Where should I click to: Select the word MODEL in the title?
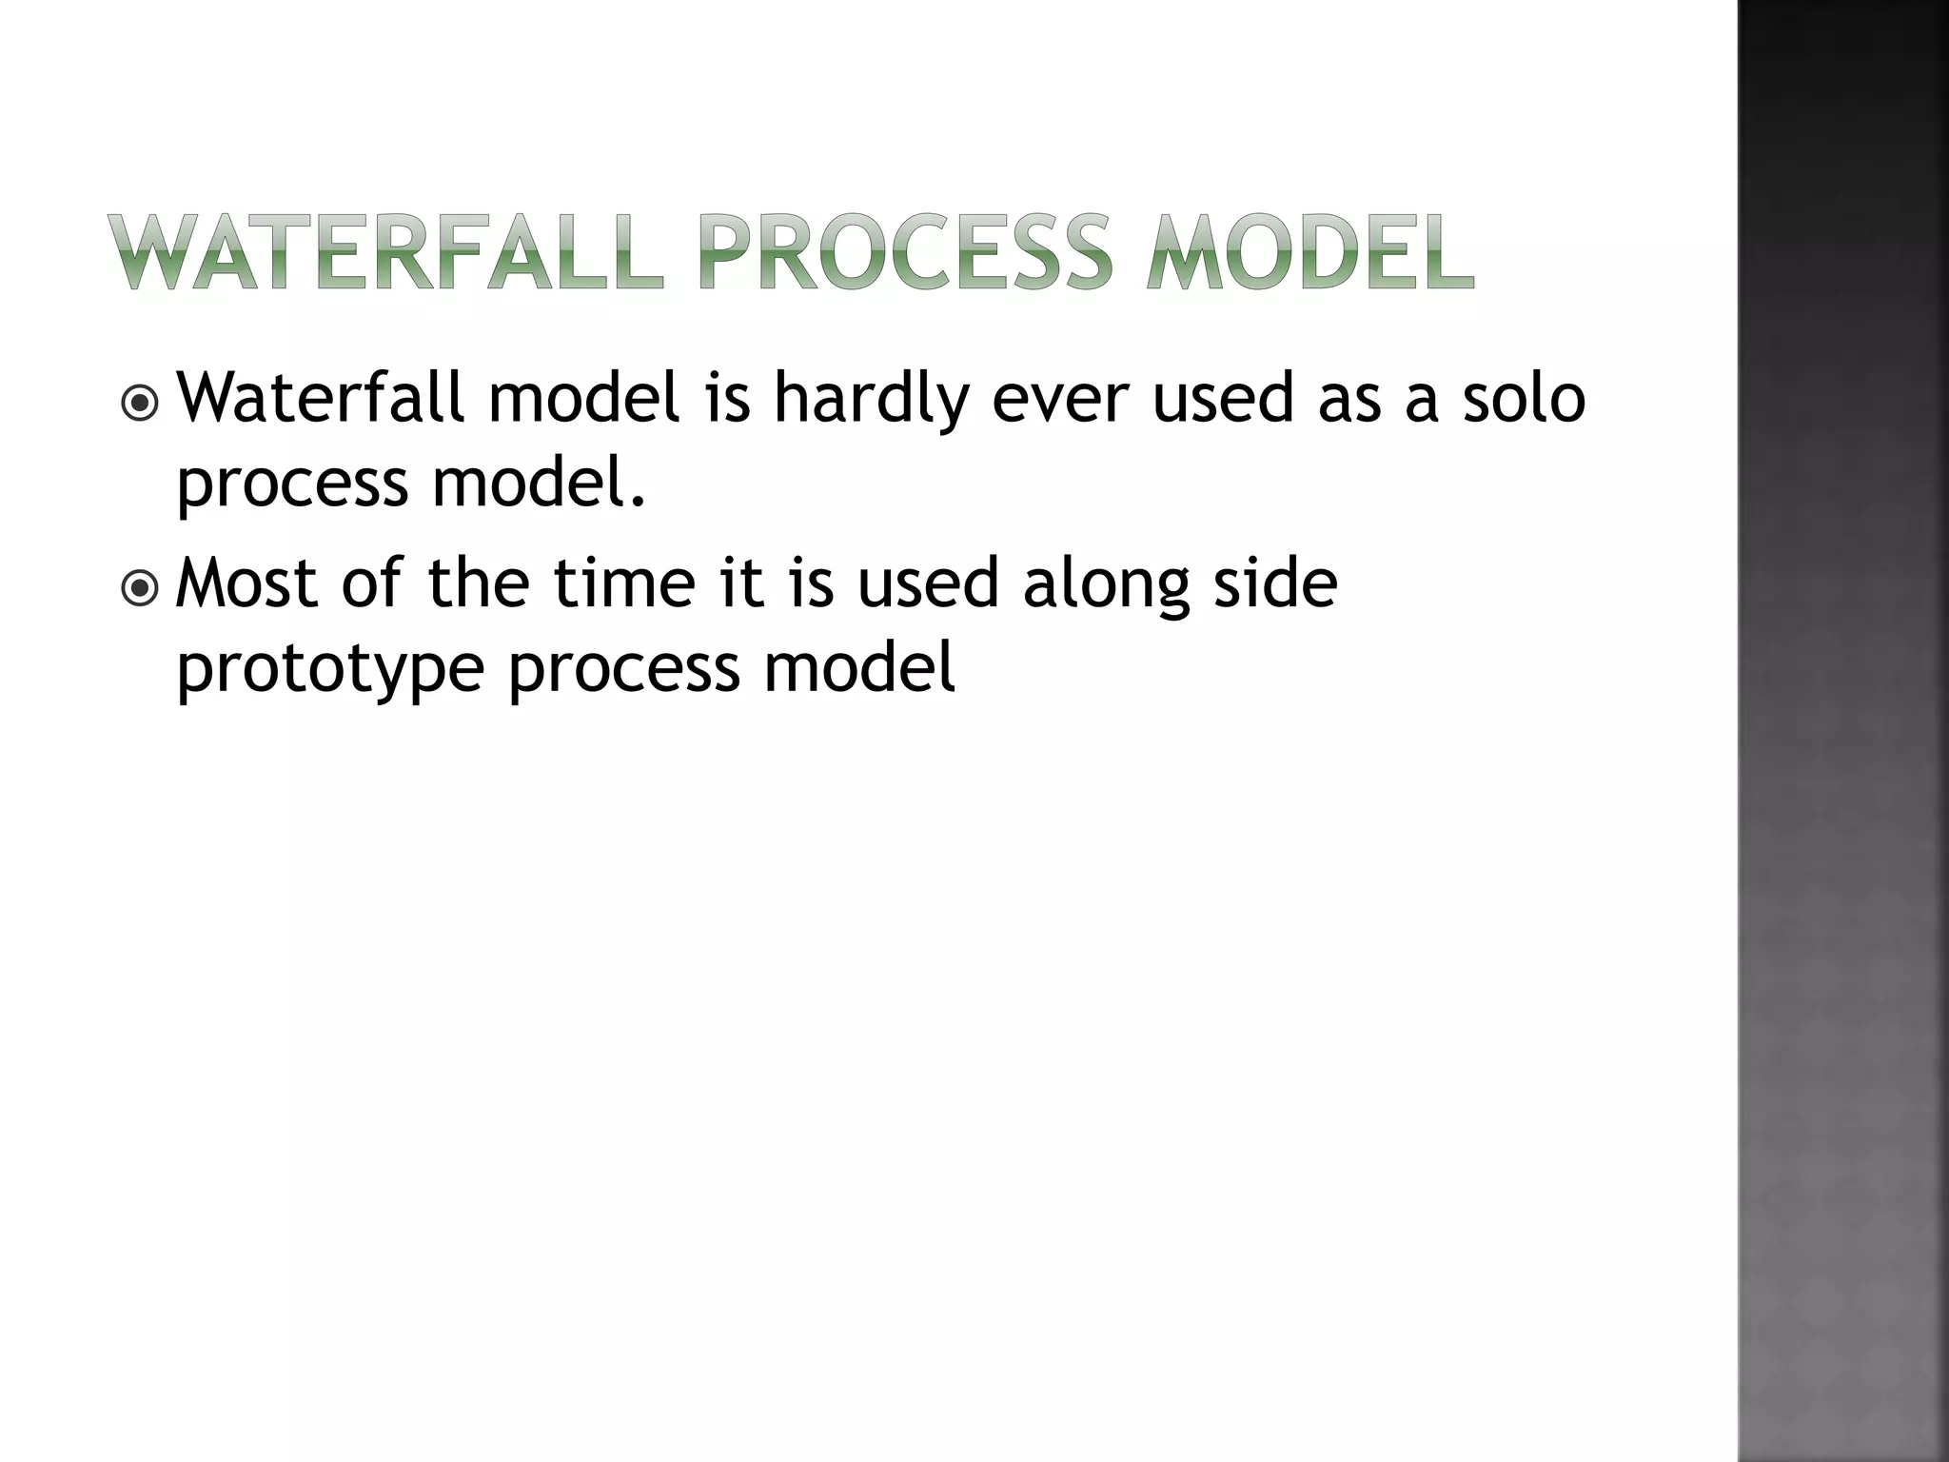pyautogui.click(x=1310, y=253)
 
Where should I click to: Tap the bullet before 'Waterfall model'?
pyautogui.click(x=141, y=404)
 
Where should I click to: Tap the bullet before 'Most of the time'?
pyautogui.click(x=141, y=588)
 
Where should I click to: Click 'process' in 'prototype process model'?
pyautogui.click(x=623, y=668)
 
